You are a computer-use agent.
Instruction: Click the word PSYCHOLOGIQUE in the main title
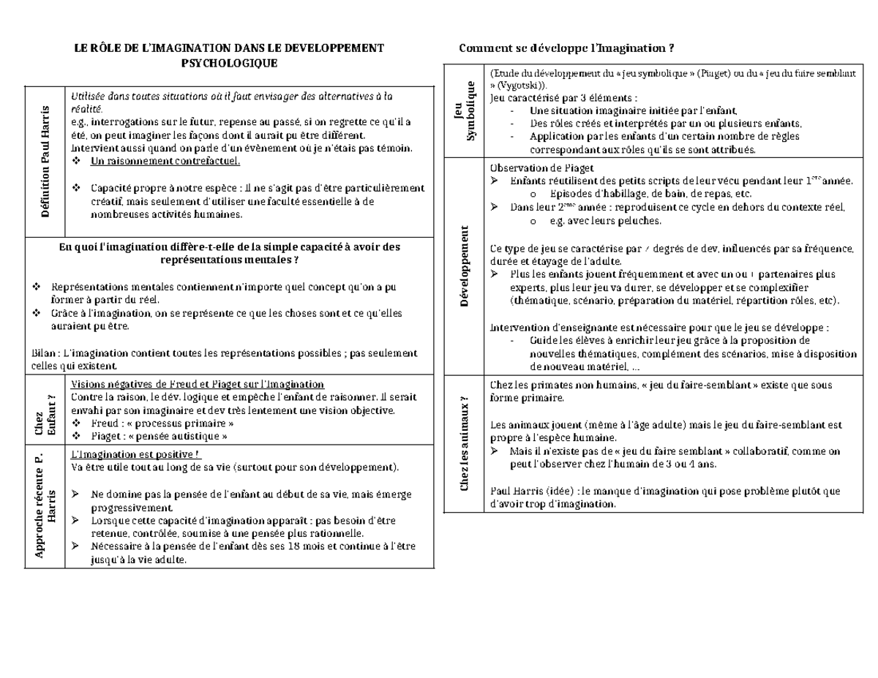pyautogui.click(x=229, y=64)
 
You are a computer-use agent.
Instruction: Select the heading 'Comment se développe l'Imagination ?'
pyautogui.click(x=566, y=48)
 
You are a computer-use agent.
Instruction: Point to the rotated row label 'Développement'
pyautogui.click(x=464, y=266)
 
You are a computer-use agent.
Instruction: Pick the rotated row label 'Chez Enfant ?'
pyautogui.click(x=45, y=413)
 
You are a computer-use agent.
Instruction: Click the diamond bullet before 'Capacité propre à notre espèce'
pyautogui.click(x=78, y=187)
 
